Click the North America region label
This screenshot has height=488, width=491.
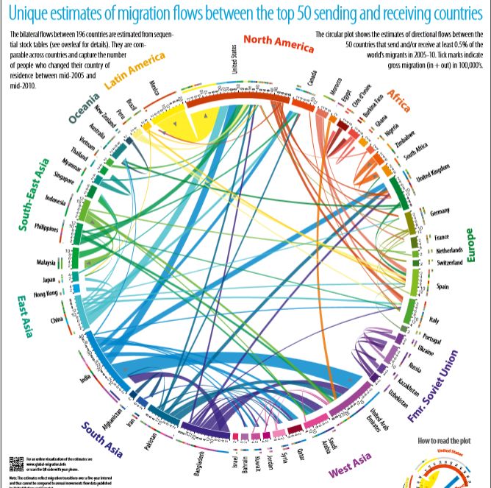pyautogui.click(x=278, y=45)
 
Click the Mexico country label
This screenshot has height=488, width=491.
pyautogui.click(x=154, y=90)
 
